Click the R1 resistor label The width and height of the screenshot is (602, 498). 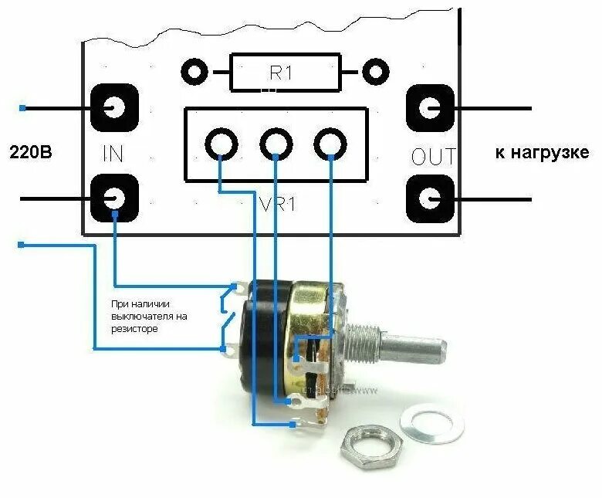click(281, 73)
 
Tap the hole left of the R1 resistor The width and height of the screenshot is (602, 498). click(194, 73)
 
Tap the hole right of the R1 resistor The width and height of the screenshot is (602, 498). click(375, 73)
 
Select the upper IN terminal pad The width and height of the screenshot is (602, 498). click(114, 107)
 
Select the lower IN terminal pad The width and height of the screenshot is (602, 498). click(114, 198)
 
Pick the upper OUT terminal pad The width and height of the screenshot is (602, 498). click(429, 107)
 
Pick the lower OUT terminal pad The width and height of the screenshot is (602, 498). click(429, 198)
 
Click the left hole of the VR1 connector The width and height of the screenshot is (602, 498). click(222, 144)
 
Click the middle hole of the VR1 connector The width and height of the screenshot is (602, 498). click(276, 144)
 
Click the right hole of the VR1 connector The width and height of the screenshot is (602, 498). click(330, 144)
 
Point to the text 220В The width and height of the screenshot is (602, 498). click(31, 152)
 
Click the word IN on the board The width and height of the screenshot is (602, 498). click(113, 154)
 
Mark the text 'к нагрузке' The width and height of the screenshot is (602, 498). click(542, 152)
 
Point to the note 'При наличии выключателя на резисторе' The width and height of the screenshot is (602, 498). click(150, 316)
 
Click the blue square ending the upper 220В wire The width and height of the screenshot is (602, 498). click(22, 108)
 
